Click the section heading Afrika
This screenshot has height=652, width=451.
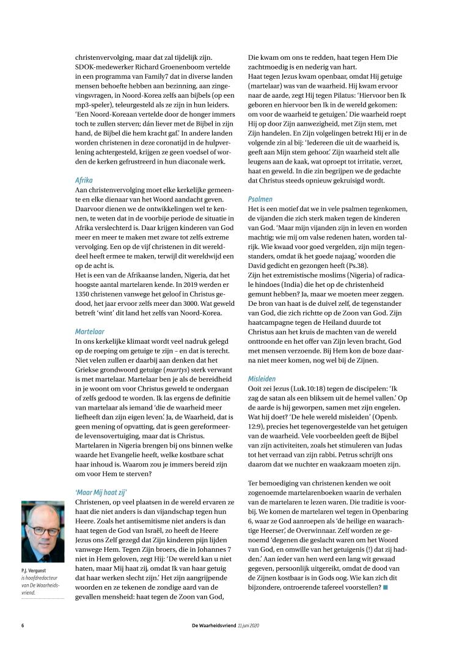tap(84, 181)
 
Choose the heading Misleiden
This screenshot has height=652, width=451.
tap(263, 379)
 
